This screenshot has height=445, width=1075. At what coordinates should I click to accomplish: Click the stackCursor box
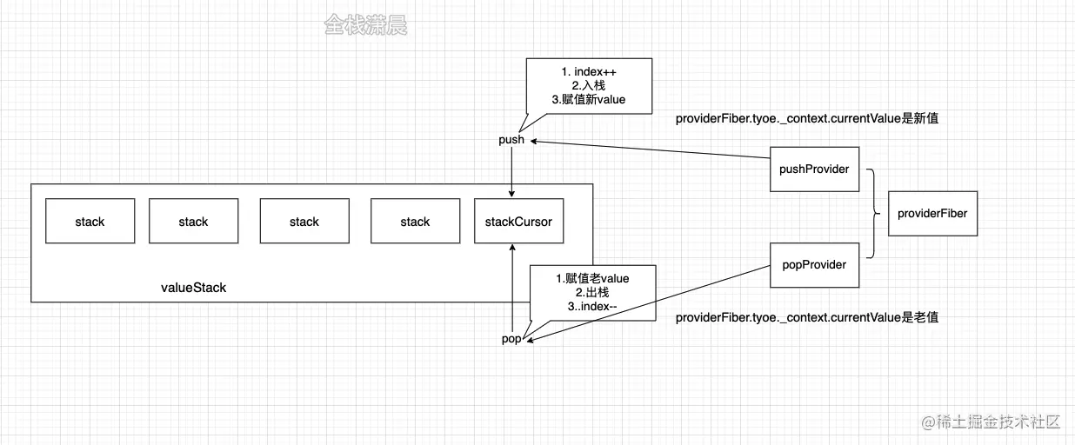click(x=518, y=222)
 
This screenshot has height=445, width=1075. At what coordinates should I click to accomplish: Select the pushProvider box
click(x=815, y=169)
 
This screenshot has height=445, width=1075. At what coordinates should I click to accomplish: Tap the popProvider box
click(x=815, y=265)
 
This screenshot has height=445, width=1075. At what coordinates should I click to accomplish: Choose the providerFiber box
click(x=933, y=213)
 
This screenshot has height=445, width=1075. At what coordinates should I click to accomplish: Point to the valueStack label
click(x=193, y=288)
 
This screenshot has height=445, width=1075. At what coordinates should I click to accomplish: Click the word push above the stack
click(x=511, y=140)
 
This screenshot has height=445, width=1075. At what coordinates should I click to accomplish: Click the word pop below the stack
click(x=511, y=339)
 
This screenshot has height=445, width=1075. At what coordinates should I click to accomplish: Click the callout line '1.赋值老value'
click(x=592, y=278)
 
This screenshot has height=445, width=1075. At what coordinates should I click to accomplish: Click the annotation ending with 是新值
click(x=806, y=119)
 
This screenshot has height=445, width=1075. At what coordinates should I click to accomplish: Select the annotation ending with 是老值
click(x=806, y=318)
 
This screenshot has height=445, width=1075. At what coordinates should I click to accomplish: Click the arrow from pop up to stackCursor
click(x=512, y=287)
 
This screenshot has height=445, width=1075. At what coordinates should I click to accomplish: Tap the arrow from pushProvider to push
click(x=652, y=149)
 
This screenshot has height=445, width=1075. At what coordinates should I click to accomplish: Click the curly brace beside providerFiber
click(x=873, y=213)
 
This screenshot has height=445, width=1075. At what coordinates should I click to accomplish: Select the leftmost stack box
click(x=90, y=222)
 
